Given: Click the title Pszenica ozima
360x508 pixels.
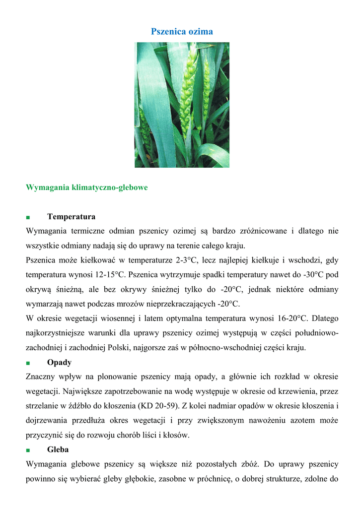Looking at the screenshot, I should point(182,32).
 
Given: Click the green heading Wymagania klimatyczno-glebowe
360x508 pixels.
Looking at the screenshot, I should point(86,188).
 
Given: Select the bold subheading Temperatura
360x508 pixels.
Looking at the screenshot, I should point(71,217).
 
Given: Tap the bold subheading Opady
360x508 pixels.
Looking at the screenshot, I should point(59,362).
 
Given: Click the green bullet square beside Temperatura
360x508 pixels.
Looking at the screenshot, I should point(28,217).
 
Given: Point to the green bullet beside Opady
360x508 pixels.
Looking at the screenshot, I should point(28,363).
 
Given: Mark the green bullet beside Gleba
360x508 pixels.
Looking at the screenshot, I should point(28,450).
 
